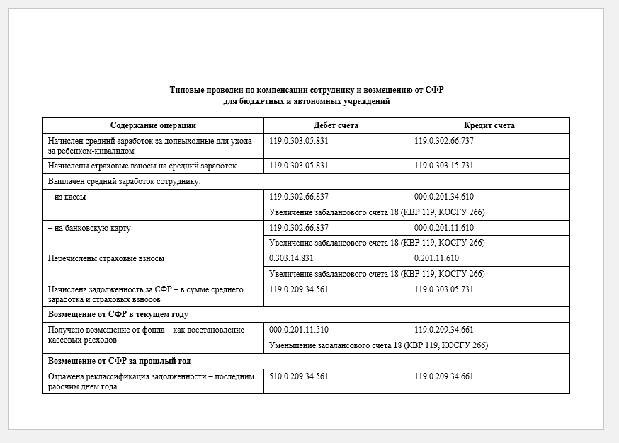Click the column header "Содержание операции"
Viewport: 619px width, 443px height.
pyautogui.click(x=153, y=125)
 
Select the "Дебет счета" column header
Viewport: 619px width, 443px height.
pyautogui.click(x=336, y=125)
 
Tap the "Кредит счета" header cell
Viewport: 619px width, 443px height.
pyautogui.click(x=489, y=125)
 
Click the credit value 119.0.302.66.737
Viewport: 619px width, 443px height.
pyautogui.click(x=444, y=141)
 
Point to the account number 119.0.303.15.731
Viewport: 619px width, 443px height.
pyautogui.click(x=444, y=166)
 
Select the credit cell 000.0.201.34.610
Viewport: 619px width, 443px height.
pyautogui.click(x=444, y=197)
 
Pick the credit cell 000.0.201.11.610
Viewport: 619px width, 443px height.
pyautogui.click(x=444, y=228)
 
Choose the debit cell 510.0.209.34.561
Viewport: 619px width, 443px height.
pyautogui.click(x=299, y=376)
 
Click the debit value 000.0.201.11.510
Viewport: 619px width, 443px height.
pyautogui.click(x=299, y=330)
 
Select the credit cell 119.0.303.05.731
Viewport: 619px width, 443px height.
pyautogui.click(x=444, y=289)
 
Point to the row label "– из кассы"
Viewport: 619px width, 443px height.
pyautogui.click(x=67, y=197)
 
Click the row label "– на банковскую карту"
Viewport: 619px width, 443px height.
pyautogui.click(x=89, y=228)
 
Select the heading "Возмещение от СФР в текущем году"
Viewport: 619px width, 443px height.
pyautogui.click(x=118, y=314)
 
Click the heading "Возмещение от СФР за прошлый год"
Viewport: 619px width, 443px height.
pyautogui.click(x=119, y=361)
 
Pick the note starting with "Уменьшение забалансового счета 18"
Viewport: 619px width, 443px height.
pyautogui.click(x=379, y=345)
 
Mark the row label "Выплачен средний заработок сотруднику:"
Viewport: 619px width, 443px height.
pyautogui.click(x=125, y=181)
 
